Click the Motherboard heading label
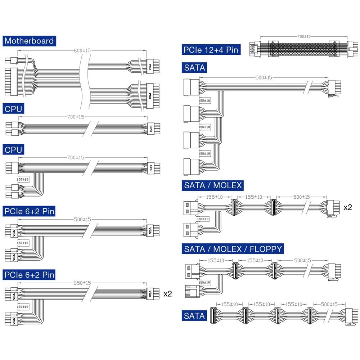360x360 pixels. point(29,41)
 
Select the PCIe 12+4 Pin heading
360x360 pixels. point(211,50)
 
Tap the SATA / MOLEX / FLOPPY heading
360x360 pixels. point(233,249)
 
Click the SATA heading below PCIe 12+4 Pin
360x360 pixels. point(194,67)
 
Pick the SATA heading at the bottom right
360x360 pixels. point(194,316)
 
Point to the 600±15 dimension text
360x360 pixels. point(82,51)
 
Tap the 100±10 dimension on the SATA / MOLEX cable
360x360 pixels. point(203,219)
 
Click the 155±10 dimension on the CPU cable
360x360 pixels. point(23,179)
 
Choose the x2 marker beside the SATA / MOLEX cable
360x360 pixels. point(348,207)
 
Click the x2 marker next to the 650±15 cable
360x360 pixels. point(168,294)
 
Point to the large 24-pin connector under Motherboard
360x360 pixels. point(11,82)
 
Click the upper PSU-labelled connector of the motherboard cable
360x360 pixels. point(152,67)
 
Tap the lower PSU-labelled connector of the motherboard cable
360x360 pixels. point(153,95)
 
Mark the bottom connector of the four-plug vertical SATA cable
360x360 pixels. point(191,166)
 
